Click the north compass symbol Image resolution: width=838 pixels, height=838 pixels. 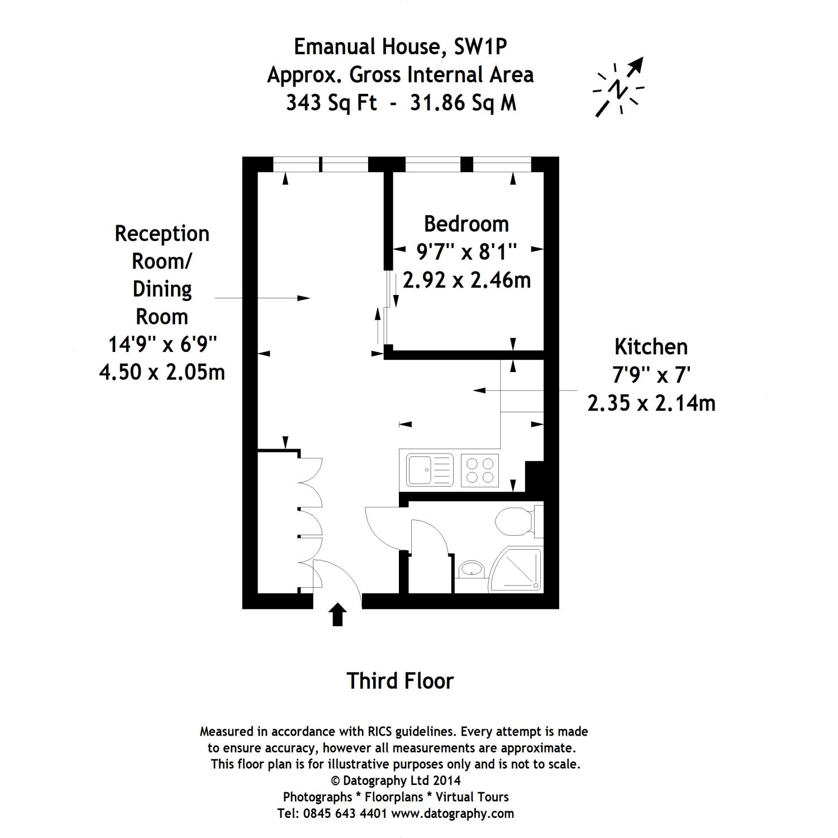click(618, 88)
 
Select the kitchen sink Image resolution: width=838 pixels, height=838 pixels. click(429, 469)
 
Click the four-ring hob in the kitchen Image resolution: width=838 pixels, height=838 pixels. click(480, 469)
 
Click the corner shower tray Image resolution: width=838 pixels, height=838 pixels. click(518, 570)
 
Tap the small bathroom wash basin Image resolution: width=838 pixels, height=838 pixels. click(472, 570)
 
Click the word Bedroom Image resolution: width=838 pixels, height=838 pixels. click(466, 224)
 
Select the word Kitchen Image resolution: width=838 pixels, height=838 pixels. click(651, 347)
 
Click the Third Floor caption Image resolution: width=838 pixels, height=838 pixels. click(400, 681)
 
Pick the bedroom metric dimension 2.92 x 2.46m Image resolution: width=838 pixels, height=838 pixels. click(466, 280)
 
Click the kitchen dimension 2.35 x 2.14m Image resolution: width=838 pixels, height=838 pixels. click(651, 402)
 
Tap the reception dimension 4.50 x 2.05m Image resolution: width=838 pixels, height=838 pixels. click(162, 372)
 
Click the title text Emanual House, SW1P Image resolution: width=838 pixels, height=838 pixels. click(400, 47)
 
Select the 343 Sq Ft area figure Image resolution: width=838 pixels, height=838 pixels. click(331, 103)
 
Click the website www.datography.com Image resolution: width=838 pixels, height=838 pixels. click(452, 813)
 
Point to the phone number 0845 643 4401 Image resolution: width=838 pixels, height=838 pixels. click(345, 813)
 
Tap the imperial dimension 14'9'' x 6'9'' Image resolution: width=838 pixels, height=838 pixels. click(162, 344)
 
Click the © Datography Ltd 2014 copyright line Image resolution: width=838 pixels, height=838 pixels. click(396, 780)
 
